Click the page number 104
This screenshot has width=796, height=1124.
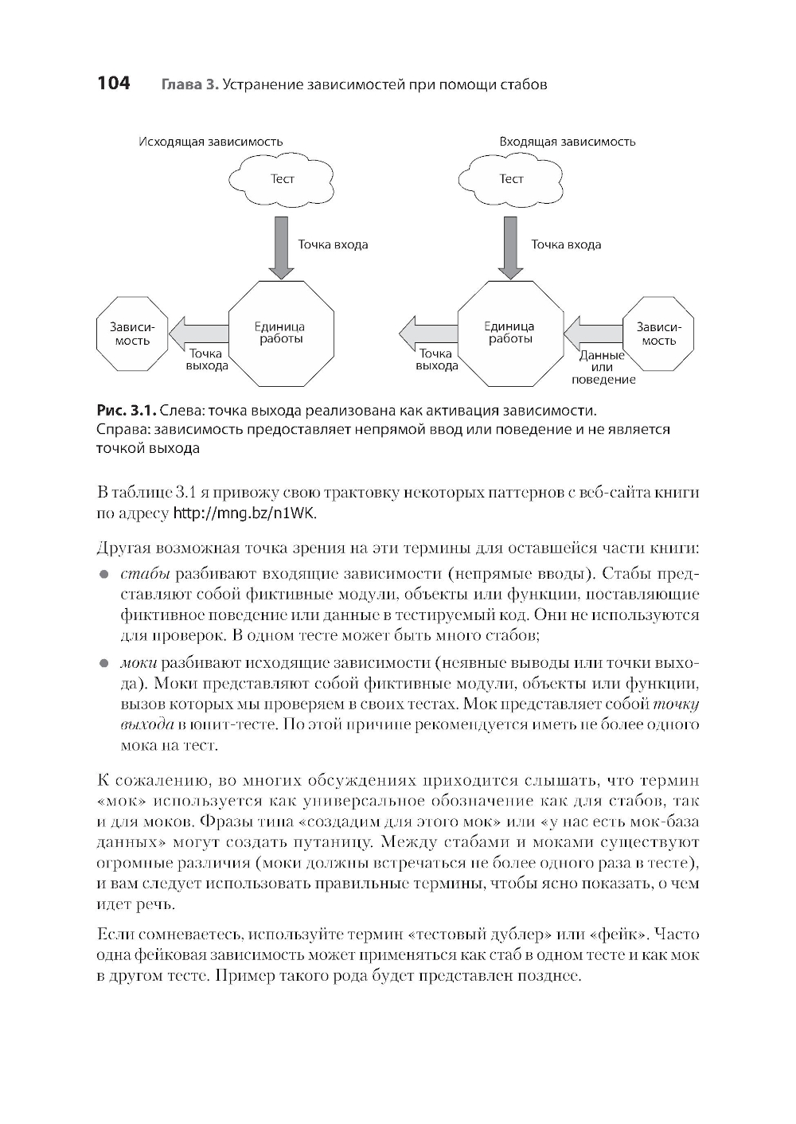pos(113,83)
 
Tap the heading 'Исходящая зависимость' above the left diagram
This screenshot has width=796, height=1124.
pos(210,142)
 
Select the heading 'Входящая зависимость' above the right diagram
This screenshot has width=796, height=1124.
pos(567,142)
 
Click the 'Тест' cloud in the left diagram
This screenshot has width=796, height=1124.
pos(282,179)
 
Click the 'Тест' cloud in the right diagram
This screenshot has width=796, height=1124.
pos(511,179)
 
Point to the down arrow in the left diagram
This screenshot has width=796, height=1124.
pos(281,246)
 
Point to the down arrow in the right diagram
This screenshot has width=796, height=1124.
pos(511,246)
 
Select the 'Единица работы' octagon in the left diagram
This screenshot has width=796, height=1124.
pos(281,333)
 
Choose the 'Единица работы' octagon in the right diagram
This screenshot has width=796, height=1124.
pos(510,333)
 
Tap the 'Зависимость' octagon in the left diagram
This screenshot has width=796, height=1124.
pos(132,334)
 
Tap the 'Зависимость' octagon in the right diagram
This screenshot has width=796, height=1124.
pos(658,334)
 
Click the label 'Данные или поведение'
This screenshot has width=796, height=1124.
pos(603,367)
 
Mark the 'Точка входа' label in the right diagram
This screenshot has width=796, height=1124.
pos(566,244)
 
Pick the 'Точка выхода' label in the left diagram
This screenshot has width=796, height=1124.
pos(207,360)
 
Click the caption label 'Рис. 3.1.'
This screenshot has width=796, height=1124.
pos(126,411)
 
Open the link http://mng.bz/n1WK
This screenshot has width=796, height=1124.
pos(245,513)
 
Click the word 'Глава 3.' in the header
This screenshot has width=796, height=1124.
pos(189,84)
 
